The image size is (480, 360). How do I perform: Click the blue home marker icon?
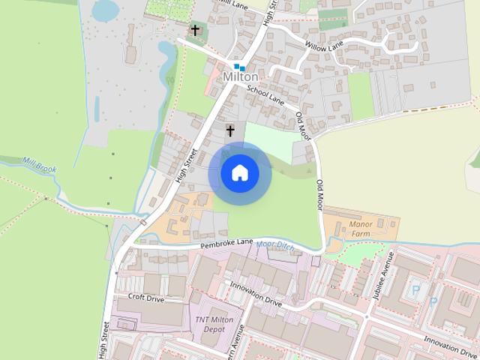[x=240, y=173]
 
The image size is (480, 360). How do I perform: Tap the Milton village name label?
[x=241, y=77]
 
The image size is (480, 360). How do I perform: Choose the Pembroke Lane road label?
[x=226, y=245]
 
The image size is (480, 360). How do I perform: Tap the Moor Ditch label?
[x=275, y=244]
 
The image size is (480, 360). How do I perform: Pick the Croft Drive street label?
[x=145, y=297]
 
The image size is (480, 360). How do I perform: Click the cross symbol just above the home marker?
[x=230, y=131]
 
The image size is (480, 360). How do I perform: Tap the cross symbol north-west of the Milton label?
[x=196, y=31]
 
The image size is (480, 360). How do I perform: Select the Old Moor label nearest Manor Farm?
[x=319, y=195]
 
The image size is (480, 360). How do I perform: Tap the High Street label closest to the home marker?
[x=184, y=164]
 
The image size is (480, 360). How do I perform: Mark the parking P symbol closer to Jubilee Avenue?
[x=415, y=287]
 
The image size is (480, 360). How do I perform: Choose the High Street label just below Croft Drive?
[x=105, y=339]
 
